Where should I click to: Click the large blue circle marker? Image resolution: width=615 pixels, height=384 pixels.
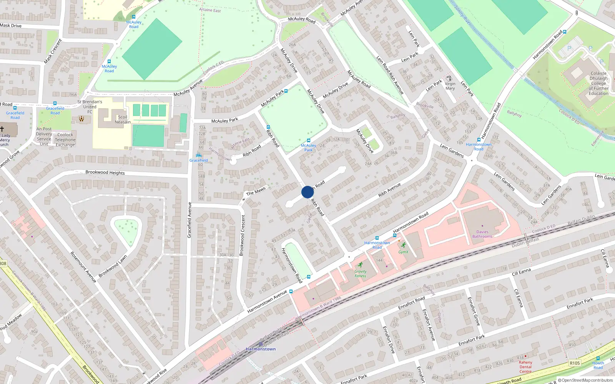click(307, 192)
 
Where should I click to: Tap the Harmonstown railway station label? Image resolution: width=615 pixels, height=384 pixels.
click(261, 349)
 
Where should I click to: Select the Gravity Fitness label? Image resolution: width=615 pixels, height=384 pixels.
click(360, 273)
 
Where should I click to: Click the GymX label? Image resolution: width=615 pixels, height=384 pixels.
click(403, 252)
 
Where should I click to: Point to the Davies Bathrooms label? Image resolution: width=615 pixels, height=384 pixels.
click(482, 234)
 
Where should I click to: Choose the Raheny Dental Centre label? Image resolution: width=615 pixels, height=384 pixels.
click(525, 367)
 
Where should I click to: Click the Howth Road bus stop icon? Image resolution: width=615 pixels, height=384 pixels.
click(598, 358)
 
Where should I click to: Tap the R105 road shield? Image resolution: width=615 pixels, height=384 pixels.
click(575, 363)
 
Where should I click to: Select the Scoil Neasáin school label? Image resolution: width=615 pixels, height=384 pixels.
click(123, 119)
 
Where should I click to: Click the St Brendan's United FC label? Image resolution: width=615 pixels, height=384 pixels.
click(90, 107)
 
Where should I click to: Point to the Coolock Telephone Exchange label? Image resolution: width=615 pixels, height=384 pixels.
click(65, 140)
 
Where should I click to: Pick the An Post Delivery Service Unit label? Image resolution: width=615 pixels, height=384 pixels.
click(44, 137)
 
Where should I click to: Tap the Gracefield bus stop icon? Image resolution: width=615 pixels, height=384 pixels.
click(198, 155)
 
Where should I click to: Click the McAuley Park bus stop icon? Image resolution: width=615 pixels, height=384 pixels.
click(308, 141)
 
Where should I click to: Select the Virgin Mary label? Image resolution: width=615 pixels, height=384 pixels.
click(450, 86)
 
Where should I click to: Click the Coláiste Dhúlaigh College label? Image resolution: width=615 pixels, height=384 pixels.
click(598, 83)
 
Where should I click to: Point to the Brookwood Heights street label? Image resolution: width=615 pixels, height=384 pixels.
click(105, 172)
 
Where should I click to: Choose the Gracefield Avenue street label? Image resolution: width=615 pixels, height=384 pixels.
click(189, 220)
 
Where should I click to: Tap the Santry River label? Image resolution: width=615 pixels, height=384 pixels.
click(463, 15)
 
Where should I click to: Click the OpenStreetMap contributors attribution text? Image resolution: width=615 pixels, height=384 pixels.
click(587, 380)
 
